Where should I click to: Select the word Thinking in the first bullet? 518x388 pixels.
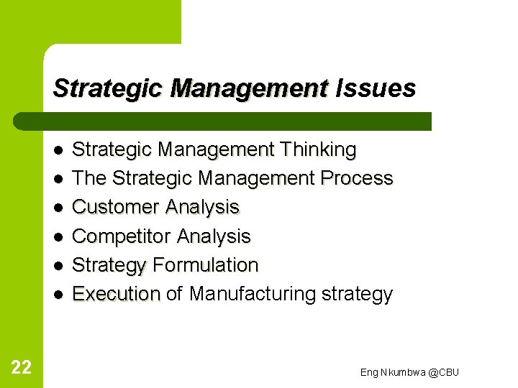[x=319, y=149]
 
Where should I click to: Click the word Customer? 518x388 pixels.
[x=116, y=207]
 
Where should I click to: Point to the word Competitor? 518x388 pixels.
[x=122, y=236]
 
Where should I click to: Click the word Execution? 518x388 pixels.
[x=116, y=294]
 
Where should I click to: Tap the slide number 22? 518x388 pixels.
[x=22, y=368]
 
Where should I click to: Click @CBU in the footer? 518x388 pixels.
[x=443, y=371]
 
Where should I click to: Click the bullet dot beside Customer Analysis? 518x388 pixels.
[x=58, y=208]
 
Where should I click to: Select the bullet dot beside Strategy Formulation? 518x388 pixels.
[x=58, y=265]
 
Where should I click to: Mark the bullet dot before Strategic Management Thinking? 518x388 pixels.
[x=58, y=150]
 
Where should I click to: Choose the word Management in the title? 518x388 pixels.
[x=249, y=88]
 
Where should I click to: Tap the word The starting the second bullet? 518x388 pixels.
[x=90, y=178]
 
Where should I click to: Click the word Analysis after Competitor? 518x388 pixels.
[x=214, y=236]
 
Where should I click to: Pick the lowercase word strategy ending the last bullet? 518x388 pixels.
[x=358, y=294]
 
